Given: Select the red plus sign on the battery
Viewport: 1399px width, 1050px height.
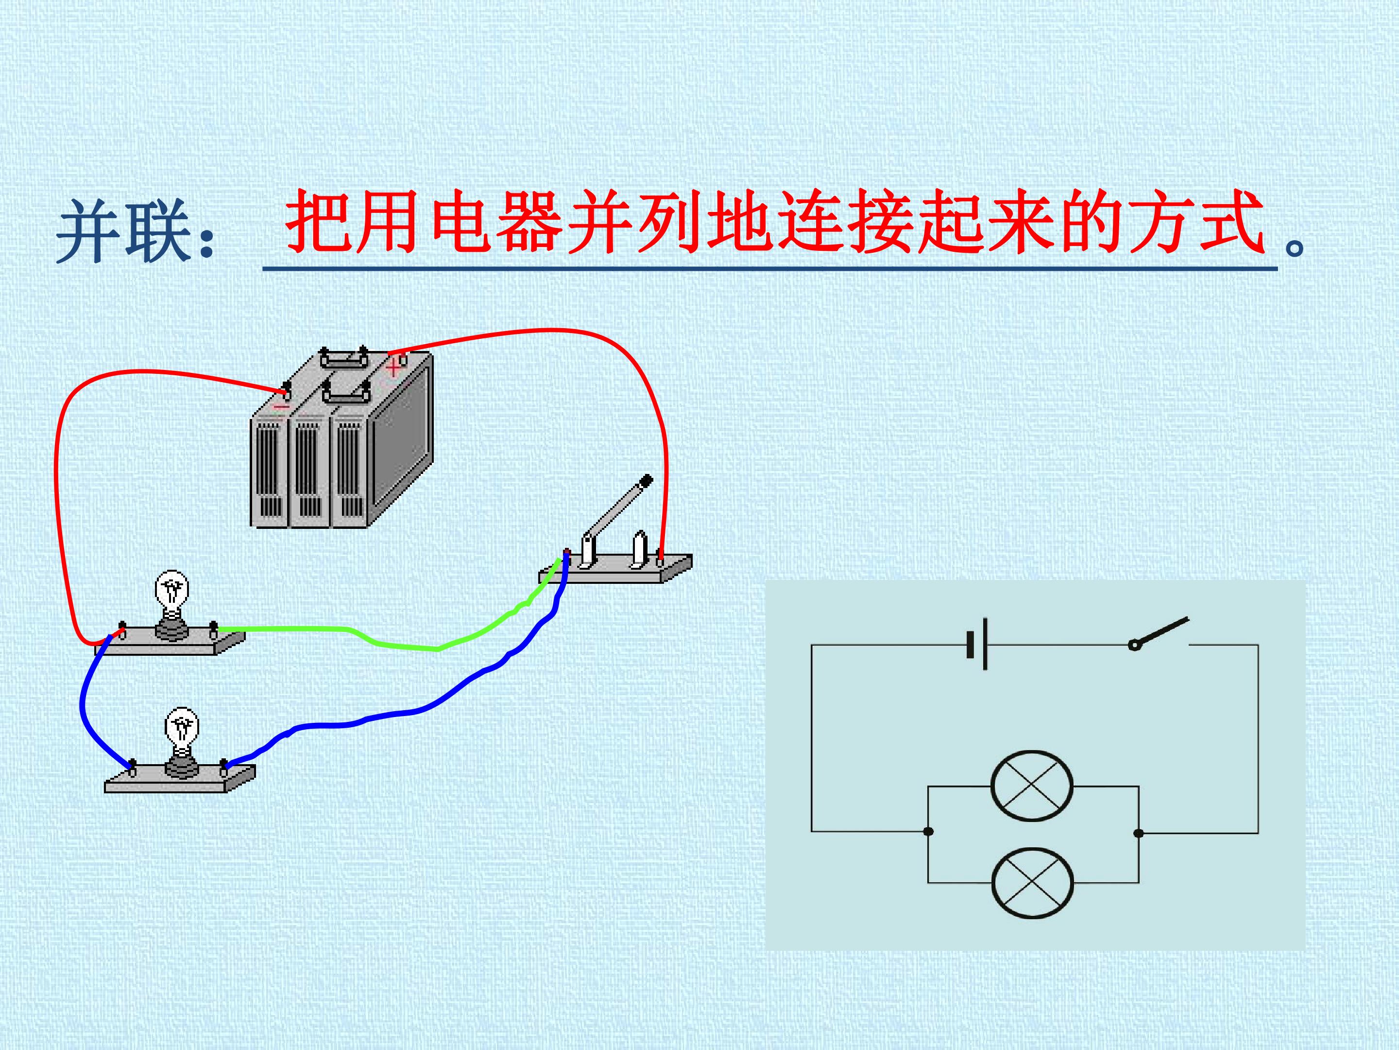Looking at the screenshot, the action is (x=394, y=366).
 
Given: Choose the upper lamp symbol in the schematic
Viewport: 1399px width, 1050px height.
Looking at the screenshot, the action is (x=1032, y=786).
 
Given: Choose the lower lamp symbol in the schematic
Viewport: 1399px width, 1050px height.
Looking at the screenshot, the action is (x=1032, y=882).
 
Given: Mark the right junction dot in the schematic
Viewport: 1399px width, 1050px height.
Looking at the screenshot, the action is (x=1139, y=833).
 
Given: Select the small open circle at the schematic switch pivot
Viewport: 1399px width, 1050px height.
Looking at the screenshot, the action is (x=1134, y=645).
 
